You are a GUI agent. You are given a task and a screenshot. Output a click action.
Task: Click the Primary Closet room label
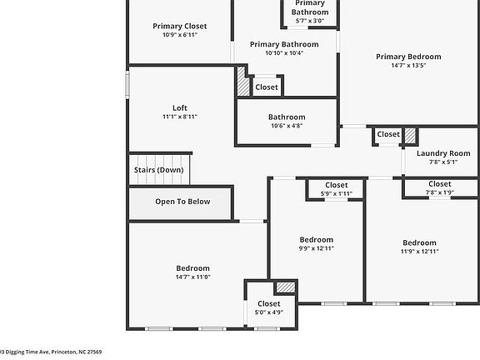(179, 26)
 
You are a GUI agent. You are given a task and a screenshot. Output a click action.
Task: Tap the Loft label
(179, 107)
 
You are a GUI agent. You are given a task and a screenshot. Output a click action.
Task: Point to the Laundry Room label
(443, 153)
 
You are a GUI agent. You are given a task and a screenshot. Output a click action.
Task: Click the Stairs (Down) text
(158, 170)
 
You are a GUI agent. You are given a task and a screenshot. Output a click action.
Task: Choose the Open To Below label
(182, 202)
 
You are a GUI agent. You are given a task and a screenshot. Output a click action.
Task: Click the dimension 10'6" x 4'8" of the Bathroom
(286, 126)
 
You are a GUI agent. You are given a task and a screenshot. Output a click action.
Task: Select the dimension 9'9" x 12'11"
(316, 247)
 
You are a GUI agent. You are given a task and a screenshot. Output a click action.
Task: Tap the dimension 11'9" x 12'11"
(419, 251)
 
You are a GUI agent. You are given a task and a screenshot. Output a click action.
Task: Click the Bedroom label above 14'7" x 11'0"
(192, 267)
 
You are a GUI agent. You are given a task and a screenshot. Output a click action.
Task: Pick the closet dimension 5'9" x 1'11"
(336, 193)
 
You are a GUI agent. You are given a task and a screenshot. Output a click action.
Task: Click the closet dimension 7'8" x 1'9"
(439, 192)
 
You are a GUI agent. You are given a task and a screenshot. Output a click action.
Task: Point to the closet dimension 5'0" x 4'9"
(268, 312)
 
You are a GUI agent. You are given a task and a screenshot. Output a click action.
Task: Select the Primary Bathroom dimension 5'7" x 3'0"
(309, 22)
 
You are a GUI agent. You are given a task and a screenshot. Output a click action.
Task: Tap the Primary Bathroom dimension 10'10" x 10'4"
(284, 52)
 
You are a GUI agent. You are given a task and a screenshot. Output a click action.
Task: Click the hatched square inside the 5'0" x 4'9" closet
(286, 287)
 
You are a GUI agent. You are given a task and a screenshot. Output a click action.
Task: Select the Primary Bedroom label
(407, 57)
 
